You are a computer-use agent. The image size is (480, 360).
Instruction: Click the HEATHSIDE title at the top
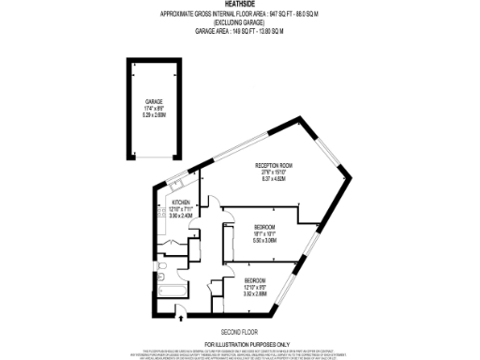click(x=240, y=6)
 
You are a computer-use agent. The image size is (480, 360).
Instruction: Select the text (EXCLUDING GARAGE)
click(x=240, y=22)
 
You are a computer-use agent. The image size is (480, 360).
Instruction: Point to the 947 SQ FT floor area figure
click(x=280, y=14)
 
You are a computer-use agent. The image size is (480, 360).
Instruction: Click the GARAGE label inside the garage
click(x=155, y=101)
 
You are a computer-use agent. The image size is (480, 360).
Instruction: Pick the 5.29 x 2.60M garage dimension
click(x=155, y=115)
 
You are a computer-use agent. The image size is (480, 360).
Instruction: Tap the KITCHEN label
click(x=181, y=201)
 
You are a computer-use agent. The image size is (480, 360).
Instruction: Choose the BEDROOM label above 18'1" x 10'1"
click(x=265, y=227)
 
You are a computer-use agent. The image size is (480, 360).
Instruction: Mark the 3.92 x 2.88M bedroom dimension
click(x=255, y=294)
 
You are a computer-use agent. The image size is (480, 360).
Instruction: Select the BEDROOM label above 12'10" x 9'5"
click(x=255, y=280)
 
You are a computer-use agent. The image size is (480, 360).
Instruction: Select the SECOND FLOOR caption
click(x=240, y=332)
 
